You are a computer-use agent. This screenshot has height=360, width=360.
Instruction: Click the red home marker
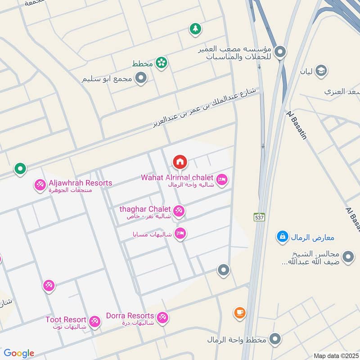click(180, 162)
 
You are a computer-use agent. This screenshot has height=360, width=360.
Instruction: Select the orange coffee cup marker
click(239, 312)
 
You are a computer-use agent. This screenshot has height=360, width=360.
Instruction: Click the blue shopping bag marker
click(282, 236)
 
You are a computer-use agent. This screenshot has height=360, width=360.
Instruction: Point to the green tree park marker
click(195, 29)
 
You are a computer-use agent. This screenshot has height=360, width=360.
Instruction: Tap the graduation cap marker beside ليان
click(321, 71)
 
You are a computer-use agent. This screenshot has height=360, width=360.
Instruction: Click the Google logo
click(19, 353)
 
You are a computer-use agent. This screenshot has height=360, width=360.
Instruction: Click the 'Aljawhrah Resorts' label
click(80, 183)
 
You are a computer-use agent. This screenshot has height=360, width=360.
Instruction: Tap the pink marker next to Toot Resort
click(94, 321)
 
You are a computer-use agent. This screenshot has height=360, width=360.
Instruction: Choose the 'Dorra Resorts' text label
click(130, 316)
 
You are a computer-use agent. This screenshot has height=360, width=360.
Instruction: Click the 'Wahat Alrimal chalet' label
click(177, 177)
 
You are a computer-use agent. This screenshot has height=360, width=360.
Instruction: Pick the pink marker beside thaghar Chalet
click(179, 211)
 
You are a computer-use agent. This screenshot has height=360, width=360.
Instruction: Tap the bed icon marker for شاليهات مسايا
click(180, 234)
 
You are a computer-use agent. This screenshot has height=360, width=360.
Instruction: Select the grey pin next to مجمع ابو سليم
click(141, 79)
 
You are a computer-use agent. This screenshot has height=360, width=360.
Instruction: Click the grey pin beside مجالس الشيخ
click(348, 257)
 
